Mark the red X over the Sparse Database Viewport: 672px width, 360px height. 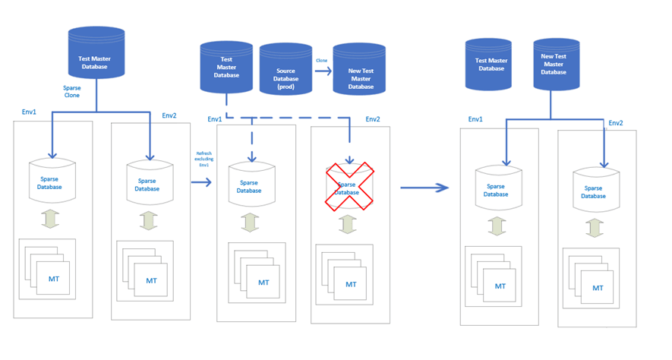click(x=350, y=188)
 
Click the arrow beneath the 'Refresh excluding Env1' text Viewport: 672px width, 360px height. click(x=200, y=182)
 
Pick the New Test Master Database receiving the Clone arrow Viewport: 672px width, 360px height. click(x=360, y=72)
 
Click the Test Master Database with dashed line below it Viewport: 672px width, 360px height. click(x=226, y=68)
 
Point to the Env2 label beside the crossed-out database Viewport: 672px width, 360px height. click(x=372, y=119)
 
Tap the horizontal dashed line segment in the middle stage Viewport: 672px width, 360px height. click(x=289, y=117)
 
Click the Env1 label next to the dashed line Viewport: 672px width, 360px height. click(x=215, y=119)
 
